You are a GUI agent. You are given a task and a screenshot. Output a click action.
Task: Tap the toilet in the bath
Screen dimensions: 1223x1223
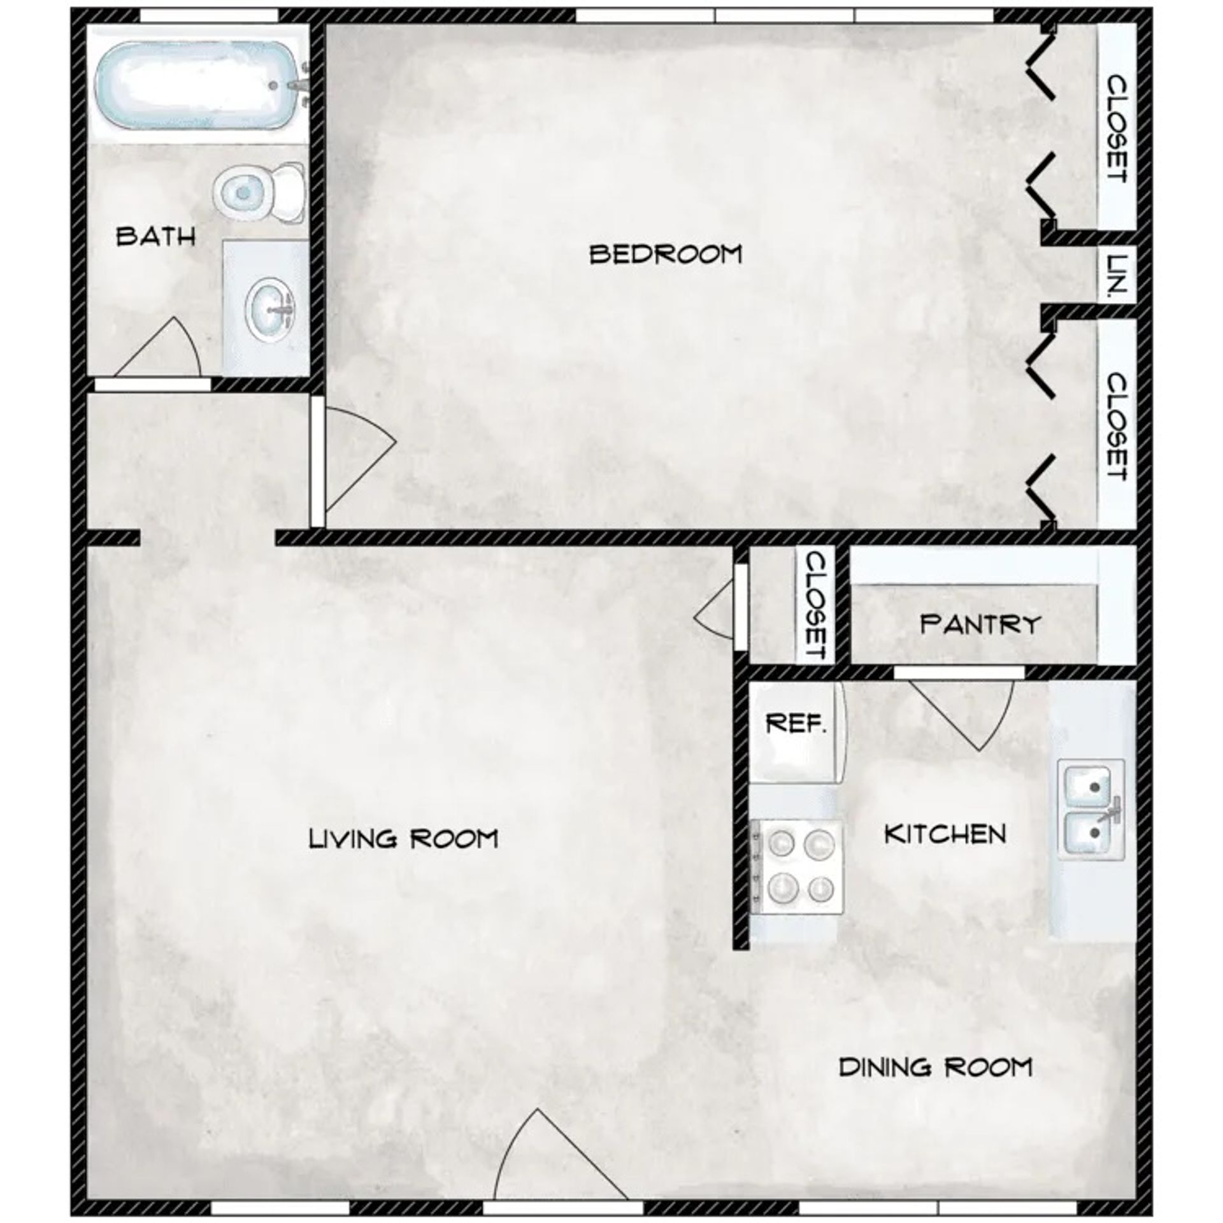pos(258,191)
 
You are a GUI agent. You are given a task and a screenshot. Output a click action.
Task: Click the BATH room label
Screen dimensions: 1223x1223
pos(155,238)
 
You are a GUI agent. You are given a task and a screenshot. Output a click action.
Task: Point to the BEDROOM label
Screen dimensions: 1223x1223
pos(666,254)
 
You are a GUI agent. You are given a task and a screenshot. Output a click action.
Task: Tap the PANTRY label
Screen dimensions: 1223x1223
pos(980,624)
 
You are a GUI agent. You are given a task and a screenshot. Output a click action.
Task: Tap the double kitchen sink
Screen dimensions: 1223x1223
pos(1091,809)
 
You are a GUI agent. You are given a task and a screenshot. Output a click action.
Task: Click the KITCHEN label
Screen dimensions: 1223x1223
pos(945,834)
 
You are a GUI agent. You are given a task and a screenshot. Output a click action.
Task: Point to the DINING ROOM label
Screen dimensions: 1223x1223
pos(935,1067)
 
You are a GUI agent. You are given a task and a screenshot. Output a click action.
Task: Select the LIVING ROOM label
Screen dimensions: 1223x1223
pos(403,839)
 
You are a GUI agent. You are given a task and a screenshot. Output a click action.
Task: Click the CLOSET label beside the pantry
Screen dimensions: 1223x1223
pos(816,604)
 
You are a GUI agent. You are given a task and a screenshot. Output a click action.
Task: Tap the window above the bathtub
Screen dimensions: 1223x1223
pos(208,15)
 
